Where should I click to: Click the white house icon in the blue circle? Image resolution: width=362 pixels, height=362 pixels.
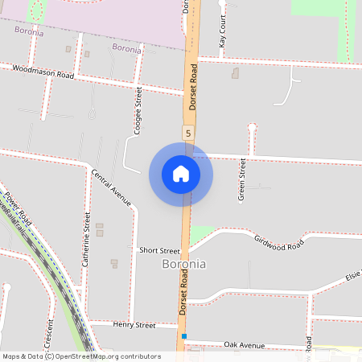[181, 174]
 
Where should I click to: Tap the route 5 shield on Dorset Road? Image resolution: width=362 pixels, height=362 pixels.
[188, 132]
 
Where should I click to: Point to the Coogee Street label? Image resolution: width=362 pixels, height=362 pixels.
[138, 111]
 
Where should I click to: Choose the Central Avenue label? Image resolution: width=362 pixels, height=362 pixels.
[111, 187]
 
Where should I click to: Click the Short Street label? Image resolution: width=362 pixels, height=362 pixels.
[158, 251]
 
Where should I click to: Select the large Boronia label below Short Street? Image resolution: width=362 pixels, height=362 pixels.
[184, 264]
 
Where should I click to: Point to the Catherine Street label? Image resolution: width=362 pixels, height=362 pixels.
[86, 239]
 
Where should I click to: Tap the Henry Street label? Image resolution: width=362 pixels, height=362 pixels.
[134, 325]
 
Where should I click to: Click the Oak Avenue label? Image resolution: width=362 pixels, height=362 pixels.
[244, 344]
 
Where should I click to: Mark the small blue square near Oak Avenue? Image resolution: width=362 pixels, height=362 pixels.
[184, 336]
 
